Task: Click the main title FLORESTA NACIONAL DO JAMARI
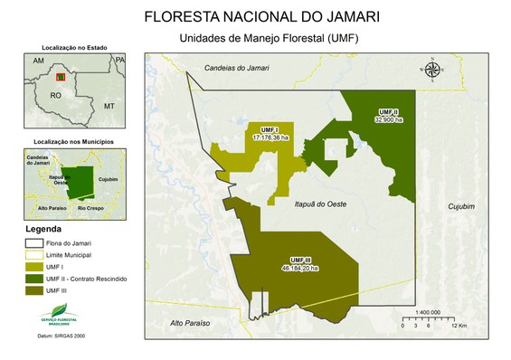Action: point(255,16)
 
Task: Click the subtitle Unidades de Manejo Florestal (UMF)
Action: point(256,38)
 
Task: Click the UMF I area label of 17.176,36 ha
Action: point(270,134)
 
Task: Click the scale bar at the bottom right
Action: point(428,320)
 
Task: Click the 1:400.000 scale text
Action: point(427,312)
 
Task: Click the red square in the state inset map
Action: point(62,78)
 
